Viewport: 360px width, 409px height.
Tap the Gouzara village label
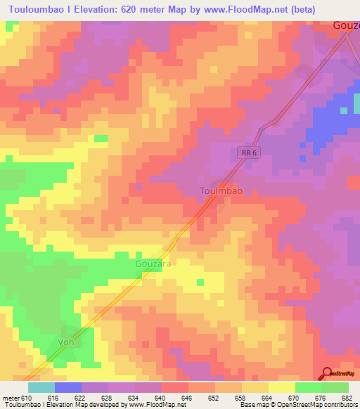(x=153, y=263)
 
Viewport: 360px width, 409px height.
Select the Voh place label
(x=66, y=342)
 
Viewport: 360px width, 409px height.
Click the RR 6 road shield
(x=244, y=152)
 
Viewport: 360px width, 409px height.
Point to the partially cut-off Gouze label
(x=345, y=25)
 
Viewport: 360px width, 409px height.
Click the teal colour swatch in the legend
(x=41, y=387)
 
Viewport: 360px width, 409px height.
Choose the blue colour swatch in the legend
(x=67, y=387)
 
